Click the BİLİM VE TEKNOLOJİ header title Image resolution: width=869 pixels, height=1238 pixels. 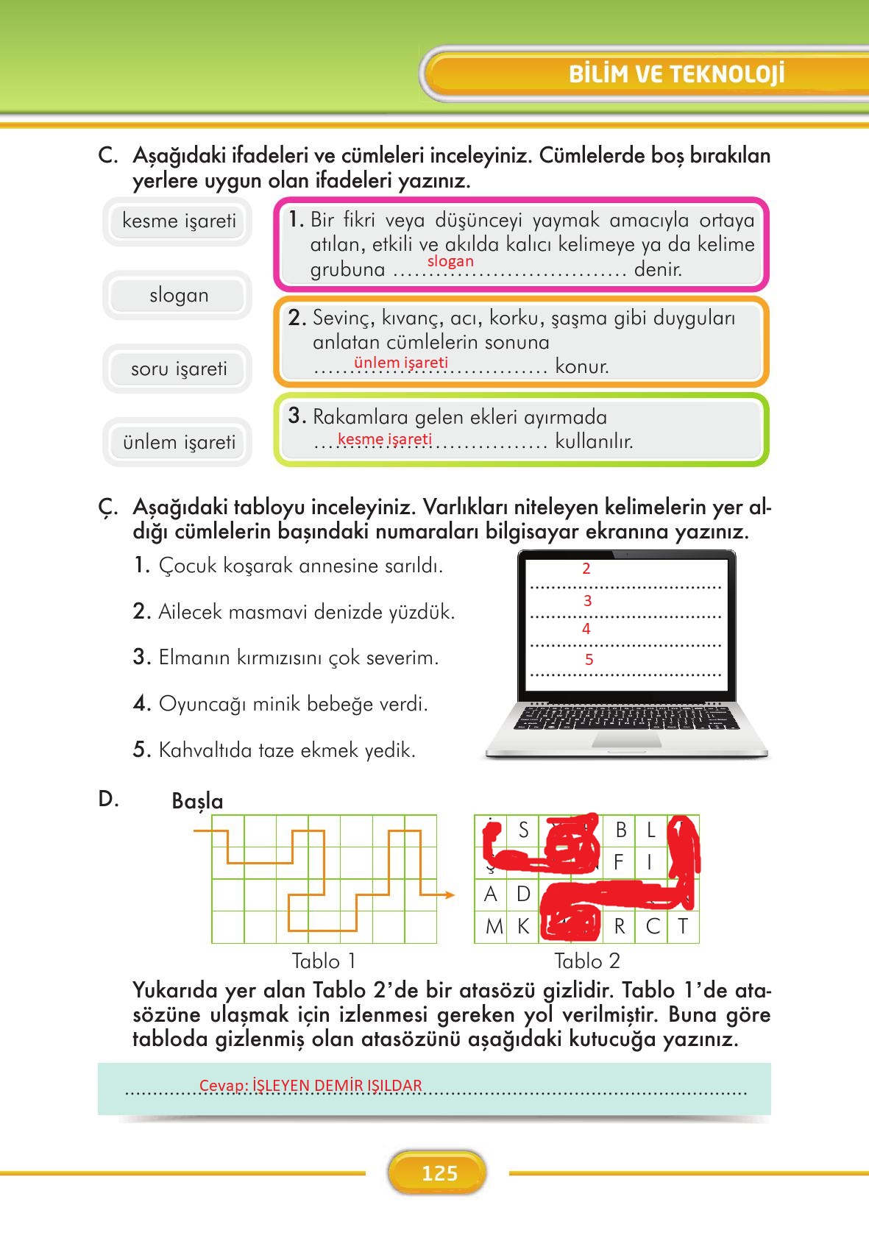(x=676, y=74)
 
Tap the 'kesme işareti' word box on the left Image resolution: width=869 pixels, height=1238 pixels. (x=179, y=221)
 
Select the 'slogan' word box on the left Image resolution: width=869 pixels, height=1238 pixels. (x=179, y=295)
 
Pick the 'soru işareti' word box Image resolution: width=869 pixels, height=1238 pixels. (x=179, y=369)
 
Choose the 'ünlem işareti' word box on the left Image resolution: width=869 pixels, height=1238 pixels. (x=179, y=442)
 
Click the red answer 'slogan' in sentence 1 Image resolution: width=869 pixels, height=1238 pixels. (x=450, y=261)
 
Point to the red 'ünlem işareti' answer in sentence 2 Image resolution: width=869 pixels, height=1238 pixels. (x=400, y=363)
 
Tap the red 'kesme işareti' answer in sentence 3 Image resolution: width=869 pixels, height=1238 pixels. (x=384, y=439)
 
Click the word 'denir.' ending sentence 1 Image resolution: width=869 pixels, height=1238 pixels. (x=658, y=269)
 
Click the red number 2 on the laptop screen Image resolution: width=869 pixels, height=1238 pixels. (x=586, y=569)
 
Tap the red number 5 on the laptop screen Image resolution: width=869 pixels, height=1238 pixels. (x=589, y=660)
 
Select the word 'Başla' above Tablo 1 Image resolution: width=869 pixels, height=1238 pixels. (x=197, y=801)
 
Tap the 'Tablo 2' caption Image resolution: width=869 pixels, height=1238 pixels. (x=586, y=961)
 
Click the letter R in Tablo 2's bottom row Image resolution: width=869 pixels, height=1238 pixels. (x=619, y=927)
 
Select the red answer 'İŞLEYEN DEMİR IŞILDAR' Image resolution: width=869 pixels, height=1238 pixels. (x=337, y=1086)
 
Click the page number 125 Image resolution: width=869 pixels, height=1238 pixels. (x=439, y=1173)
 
